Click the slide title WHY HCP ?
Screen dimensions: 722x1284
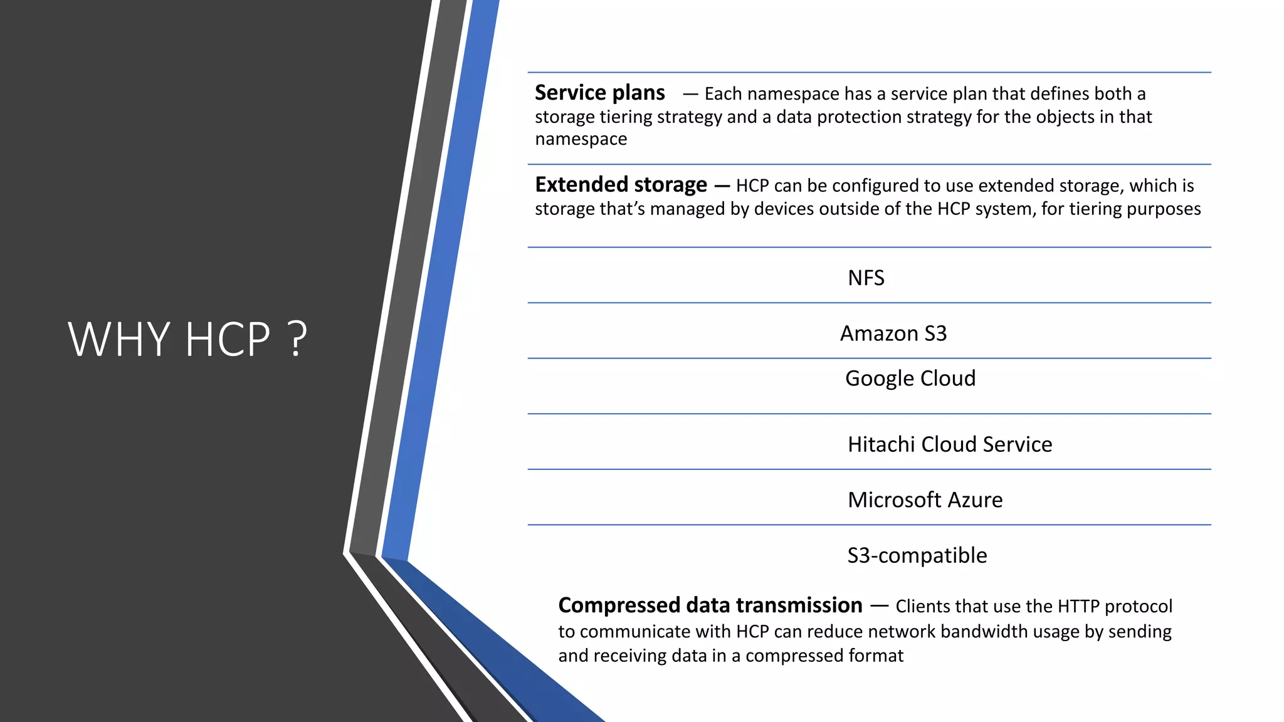coord(187,339)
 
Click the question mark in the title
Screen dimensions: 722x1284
coord(297,339)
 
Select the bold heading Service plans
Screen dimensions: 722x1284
coord(599,93)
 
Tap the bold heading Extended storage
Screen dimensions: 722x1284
coord(621,185)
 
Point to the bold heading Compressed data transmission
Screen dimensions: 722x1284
coord(710,605)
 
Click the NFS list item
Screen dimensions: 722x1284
coord(866,278)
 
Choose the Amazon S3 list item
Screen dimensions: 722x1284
coord(893,333)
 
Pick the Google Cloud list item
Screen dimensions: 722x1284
coord(910,379)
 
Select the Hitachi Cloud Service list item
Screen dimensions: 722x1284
coord(950,444)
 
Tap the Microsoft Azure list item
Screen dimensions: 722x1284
coord(925,500)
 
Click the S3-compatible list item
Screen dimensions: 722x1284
coord(917,555)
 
